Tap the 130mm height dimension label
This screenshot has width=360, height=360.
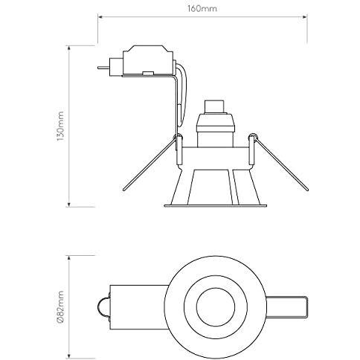(62, 126)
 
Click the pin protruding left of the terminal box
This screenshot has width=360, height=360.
(103, 66)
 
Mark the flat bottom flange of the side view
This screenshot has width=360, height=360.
(215, 204)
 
